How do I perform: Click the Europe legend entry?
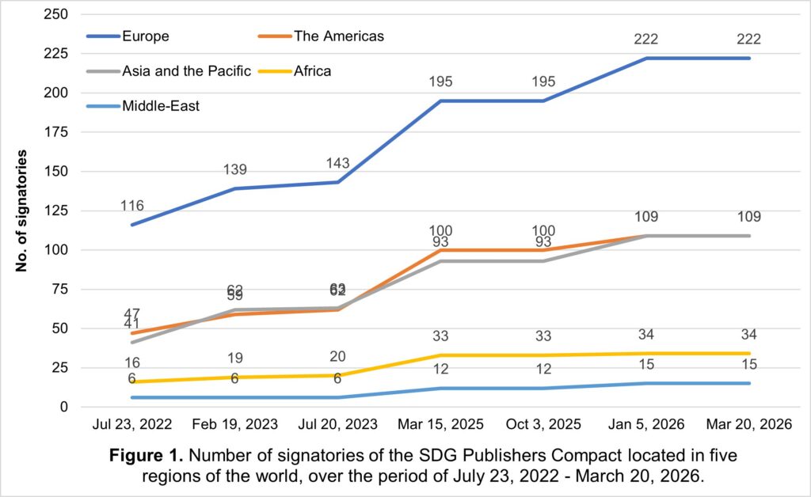[x=146, y=36]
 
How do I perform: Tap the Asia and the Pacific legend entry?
[x=186, y=71]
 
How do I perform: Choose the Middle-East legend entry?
[x=160, y=105]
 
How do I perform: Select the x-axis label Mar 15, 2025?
[x=441, y=424]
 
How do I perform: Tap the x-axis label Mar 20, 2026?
[x=749, y=424]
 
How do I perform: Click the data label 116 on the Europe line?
[x=133, y=206]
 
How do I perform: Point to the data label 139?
[x=235, y=169]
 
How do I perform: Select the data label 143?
[x=338, y=163]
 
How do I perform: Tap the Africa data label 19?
[x=235, y=358]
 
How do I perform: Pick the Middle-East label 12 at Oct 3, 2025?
[x=543, y=369]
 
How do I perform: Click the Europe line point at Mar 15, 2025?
[x=441, y=101]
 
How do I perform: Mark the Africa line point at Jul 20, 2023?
[x=338, y=375]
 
